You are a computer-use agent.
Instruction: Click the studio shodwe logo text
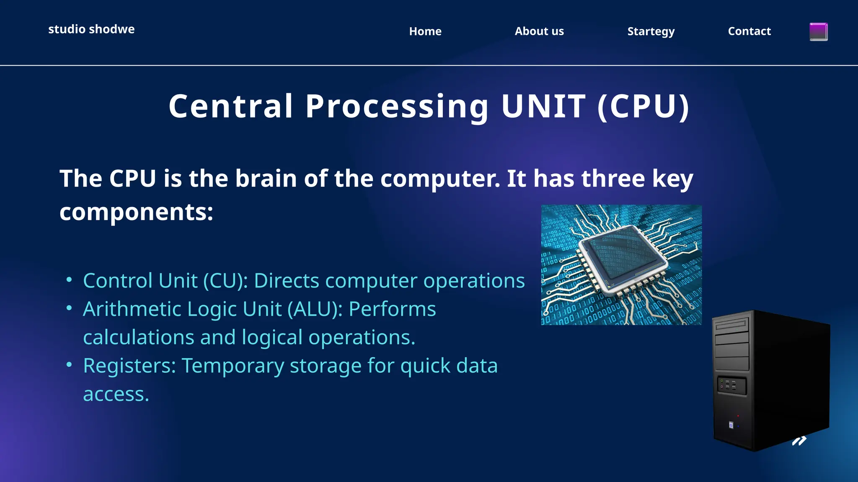point(91,29)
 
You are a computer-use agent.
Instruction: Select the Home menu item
point(425,31)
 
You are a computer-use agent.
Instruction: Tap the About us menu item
point(539,31)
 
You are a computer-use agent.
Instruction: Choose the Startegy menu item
point(651,32)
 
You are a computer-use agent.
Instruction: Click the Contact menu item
point(749,31)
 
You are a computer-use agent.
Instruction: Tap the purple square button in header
point(818,32)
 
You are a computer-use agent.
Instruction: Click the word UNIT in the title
point(543,106)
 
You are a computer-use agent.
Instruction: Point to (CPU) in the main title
point(643,106)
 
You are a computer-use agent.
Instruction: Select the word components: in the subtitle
point(136,212)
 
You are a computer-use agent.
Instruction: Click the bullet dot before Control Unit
point(69,279)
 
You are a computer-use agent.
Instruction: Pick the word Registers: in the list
point(129,366)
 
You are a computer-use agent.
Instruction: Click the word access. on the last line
point(116,395)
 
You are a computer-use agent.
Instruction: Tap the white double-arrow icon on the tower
point(799,441)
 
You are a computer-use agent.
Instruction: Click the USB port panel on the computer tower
point(731,385)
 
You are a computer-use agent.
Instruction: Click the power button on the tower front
point(731,425)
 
